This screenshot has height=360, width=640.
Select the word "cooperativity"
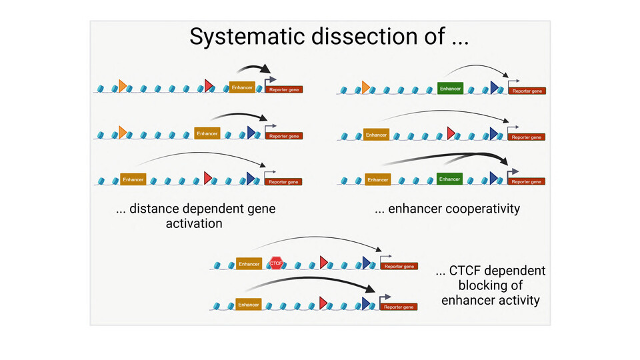474,209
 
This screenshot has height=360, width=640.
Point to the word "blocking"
491,285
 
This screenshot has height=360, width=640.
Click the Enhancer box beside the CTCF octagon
249,264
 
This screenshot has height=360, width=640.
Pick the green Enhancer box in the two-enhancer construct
449,179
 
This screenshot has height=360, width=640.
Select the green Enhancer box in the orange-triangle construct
450,88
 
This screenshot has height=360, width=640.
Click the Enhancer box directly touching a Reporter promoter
242,87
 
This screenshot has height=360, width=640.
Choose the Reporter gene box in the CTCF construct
399,266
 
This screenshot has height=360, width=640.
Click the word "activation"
194,223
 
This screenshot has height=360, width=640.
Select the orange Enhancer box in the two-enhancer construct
377,179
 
